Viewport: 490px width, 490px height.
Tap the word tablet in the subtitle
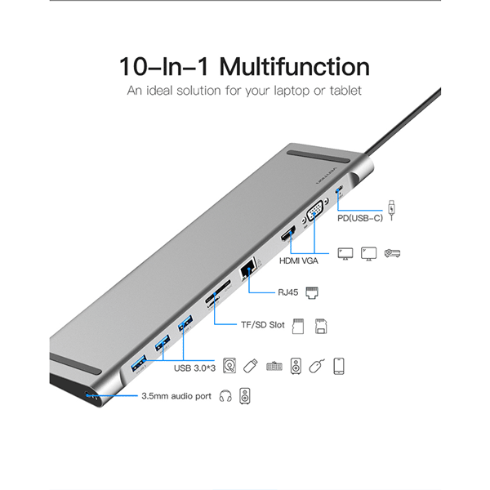(343, 91)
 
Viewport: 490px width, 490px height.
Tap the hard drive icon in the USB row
(228, 366)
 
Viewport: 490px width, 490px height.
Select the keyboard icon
(273, 367)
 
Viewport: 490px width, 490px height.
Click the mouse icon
(315, 367)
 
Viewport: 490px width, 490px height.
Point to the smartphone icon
(338, 366)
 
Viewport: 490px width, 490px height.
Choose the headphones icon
(225, 399)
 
